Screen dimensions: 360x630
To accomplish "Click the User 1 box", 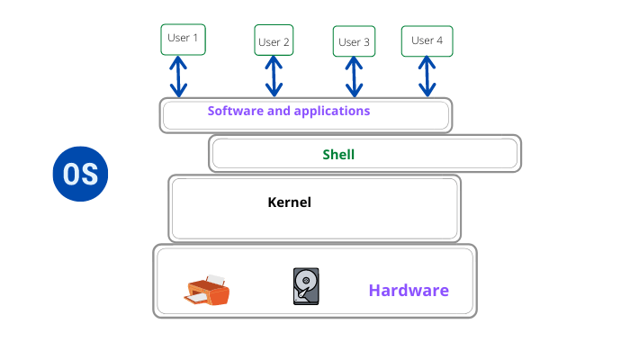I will (x=184, y=40).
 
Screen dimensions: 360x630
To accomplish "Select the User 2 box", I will (x=274, y=41).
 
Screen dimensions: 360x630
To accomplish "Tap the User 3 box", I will (x=354, y=41).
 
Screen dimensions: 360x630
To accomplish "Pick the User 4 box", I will (x=427, y=40).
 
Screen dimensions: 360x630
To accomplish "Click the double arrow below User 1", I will (x=178, y=76).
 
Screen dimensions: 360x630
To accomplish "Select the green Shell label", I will (x=339, y=154).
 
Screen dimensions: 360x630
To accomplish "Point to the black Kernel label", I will (x=289, y=202).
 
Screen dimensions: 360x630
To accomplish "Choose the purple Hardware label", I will (x=408, y=291).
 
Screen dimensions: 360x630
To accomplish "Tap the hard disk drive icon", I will (x=306, y=285).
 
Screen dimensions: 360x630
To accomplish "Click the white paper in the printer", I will (x=215, y=280).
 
